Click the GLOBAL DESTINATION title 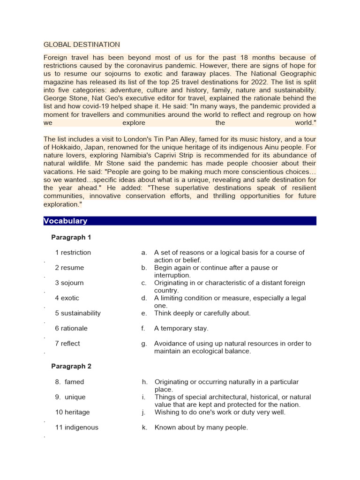(82, 45)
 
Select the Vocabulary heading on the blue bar (65, 221)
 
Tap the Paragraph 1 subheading (71, 237)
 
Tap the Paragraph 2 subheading (71, 366)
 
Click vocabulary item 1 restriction (73, 252)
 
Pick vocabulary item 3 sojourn (70, 283)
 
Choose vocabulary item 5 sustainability (78, 313)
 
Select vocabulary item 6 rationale (71, 328)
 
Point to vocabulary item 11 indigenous (76, 427)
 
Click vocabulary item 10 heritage (72, 412)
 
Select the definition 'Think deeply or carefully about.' (202, 313)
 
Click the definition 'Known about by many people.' (201, 427)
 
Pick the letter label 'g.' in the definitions (144, 344)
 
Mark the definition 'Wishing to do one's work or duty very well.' (220, 412)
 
